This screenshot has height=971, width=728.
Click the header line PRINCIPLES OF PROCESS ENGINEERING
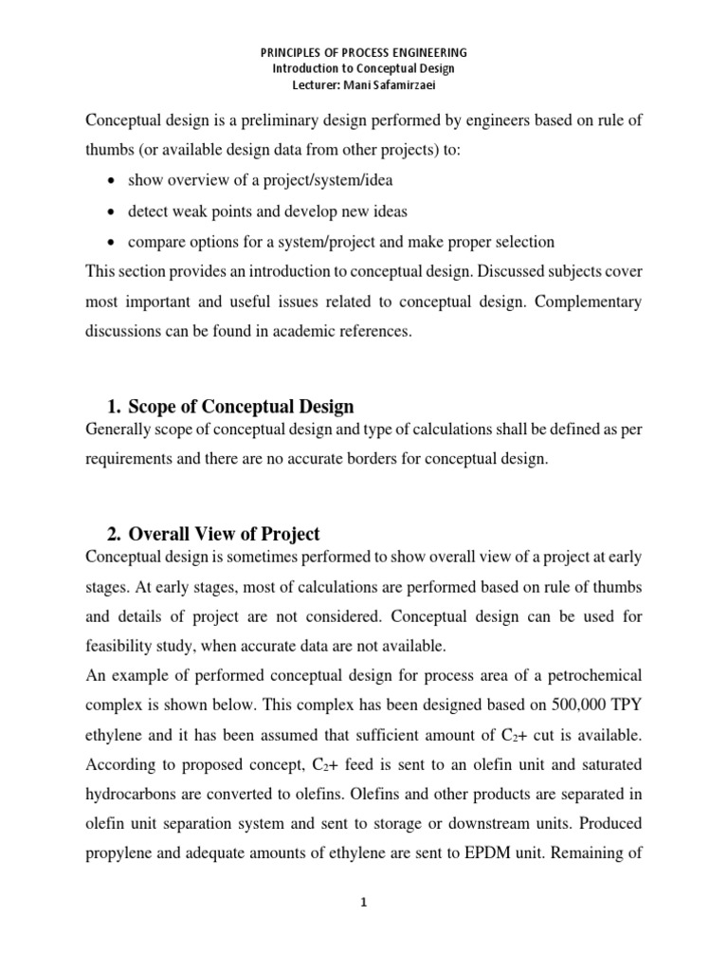364,52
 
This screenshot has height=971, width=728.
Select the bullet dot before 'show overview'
114,181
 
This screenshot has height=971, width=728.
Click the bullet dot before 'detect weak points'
114,211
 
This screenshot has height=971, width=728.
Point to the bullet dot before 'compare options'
114,242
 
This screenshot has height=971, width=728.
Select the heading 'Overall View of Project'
225,533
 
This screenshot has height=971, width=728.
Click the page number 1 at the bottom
363,903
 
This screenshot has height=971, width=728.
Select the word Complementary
585,302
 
